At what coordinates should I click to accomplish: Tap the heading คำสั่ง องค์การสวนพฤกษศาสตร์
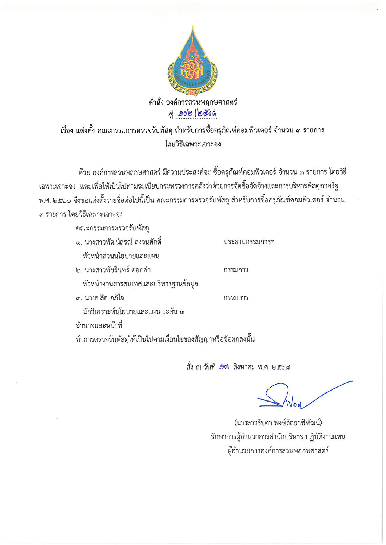[193, 102]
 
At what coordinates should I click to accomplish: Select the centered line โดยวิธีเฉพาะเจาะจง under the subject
[193, 144]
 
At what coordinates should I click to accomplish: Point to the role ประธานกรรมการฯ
[249, 242]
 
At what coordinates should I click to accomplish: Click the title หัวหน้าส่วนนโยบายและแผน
[121, 256]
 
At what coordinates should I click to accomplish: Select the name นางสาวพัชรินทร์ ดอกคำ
[117, 270]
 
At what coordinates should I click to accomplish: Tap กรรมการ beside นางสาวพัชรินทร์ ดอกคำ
[236, 270]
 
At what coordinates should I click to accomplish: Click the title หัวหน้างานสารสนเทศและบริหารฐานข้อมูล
[140, 284]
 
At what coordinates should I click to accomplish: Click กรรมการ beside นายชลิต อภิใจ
[236, 298]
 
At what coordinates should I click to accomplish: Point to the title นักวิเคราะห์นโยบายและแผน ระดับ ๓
[133, 312]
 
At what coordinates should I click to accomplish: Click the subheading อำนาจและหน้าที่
[99, 326]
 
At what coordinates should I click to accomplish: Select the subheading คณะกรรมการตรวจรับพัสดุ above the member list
[112, 228]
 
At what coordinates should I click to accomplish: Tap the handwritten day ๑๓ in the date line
[224, 367]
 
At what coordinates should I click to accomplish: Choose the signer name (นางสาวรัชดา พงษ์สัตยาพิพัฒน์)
[279, 423]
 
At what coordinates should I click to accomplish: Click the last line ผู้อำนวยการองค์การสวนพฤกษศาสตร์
[278, 451]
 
